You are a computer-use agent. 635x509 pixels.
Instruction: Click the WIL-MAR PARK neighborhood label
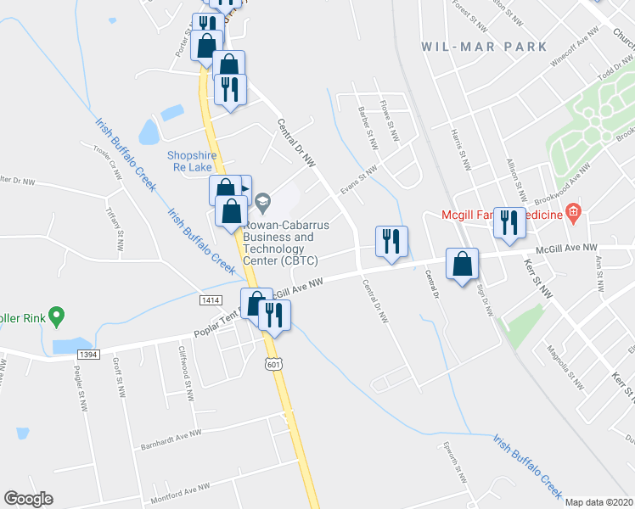[485, 47]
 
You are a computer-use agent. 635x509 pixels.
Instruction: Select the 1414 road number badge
[211, 300]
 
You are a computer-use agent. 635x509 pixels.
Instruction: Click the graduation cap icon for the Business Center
[262, 202]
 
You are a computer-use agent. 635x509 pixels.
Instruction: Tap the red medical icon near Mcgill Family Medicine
[573, 211]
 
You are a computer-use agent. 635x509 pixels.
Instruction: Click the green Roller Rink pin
[57, 317]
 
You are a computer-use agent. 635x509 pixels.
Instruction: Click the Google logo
[28, 499]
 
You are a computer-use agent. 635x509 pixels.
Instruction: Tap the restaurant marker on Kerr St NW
[509, 222]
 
